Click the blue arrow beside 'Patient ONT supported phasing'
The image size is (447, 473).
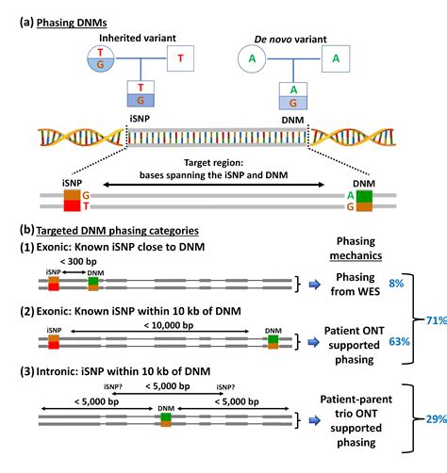[312, 342]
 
